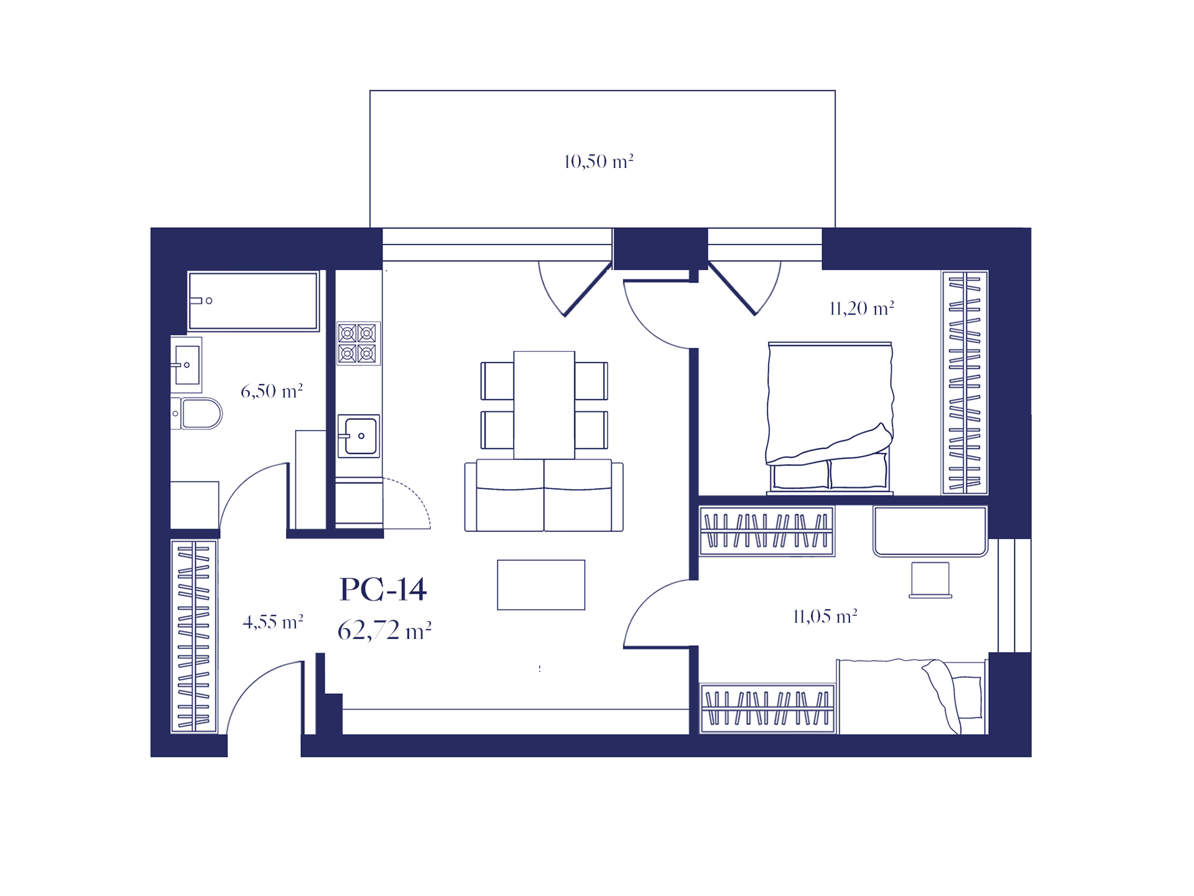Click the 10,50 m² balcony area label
click(x=598, y=162)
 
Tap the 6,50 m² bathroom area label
click(x=272, y=391)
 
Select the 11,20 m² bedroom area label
click(x=862, y=309)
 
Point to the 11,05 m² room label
click(x=825, y=617)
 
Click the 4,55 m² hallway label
click(x=273, y=622)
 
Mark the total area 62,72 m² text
click(x=384, y=631)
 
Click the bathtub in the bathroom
click(x=253, y=301)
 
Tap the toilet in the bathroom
click(x=197, y=414)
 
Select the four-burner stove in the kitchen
click(x=358, y=343)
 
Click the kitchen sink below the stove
click(x=359, y=436)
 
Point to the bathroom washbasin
click(x=186, y=365)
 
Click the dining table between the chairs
click(x=544, y=405)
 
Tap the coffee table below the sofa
click(x=541, y=585)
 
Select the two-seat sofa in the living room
click(x=544, y=495)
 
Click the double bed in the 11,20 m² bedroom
click(x=830, y=418)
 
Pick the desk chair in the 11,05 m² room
click(x=930, y=580)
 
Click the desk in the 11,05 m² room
click(x=930, y=531)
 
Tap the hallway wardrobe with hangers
click(x=194, y=637)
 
